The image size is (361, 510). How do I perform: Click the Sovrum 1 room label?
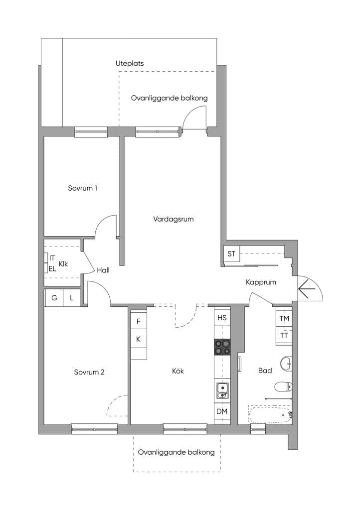(82, 188)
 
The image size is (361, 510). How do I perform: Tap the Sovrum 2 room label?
(89, 372)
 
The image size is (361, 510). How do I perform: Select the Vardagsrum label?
(174, 219)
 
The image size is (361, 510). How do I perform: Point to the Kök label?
(178, 371)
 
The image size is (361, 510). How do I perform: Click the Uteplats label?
(130, 63)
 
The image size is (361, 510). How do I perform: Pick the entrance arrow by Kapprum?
(307, 289)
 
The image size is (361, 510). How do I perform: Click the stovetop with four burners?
(222, 347)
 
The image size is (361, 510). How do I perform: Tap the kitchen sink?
(222, 390)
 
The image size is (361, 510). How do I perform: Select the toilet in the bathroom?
(283, 387)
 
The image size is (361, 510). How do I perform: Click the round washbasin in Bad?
(286, 363)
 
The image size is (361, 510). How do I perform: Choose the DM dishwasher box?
(222, 411)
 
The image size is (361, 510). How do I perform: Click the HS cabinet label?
(222, 317)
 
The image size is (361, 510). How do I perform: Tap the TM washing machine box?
(284, 318)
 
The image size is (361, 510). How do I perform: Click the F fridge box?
(138, 321)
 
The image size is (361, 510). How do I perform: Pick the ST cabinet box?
(231, 254)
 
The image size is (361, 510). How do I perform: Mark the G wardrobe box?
(54, 298)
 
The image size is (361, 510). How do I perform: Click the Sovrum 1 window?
(91, 131)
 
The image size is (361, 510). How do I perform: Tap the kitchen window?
(185, 429)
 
